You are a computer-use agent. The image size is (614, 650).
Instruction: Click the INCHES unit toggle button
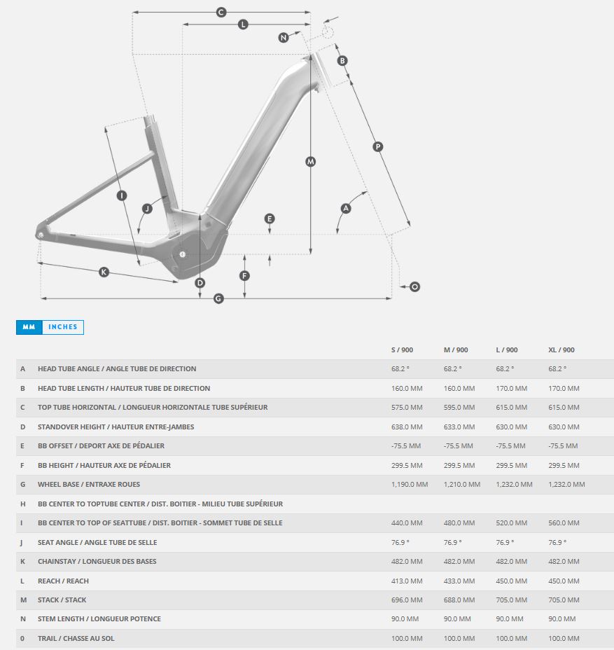[x=62, y=327]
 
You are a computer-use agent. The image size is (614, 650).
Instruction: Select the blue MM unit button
[x=29, y=327]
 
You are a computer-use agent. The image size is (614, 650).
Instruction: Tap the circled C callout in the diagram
[x=221, y=13]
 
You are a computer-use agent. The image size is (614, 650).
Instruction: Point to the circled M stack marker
[x=311, y=162]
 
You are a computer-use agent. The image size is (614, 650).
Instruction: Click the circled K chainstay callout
[x=104, y=272]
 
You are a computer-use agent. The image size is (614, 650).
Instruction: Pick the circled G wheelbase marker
[x=218, y=298]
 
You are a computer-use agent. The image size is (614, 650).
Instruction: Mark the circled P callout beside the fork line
[x=378, y=147]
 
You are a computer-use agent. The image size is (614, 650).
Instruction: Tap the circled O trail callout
[x=414, y=287]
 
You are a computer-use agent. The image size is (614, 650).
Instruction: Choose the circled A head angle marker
[x=346, y=209]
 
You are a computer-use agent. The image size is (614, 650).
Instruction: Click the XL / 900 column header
[x=561, y=350]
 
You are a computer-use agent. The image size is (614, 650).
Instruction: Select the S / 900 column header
[x=403, y=350]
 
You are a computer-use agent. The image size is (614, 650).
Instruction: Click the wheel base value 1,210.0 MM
[x=462, y=484]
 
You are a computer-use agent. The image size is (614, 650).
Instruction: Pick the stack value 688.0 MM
[x=459, y=600]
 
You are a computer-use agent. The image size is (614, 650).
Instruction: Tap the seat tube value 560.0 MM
[x=564, y=523]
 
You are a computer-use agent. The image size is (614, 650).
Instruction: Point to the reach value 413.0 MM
[x=407, y=581]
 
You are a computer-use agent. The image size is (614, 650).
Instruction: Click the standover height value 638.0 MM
[x=407, y=427]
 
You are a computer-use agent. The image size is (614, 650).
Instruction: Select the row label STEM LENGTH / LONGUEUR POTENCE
[x=99, y=619]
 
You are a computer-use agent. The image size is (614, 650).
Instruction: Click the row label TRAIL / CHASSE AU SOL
[x=76, y=638]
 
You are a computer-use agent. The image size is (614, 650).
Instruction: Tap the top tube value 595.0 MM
[x=459, y=407]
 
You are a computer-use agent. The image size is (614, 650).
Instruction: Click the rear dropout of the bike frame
[x=40, y=235]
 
